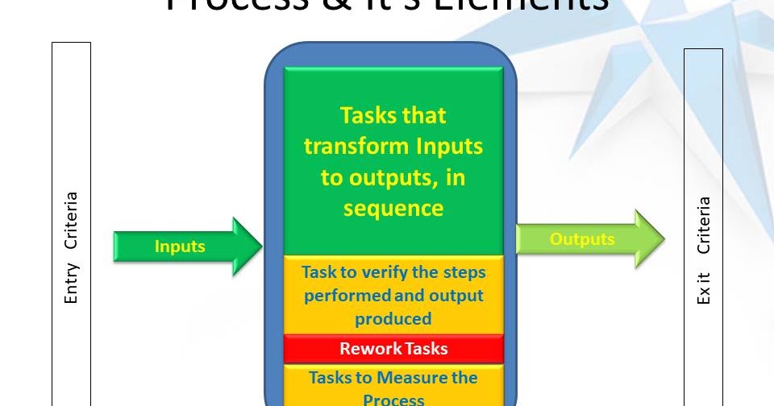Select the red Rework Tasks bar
(x=393, y=349)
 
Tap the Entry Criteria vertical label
(x=72, y=248)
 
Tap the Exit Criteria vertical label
(x=704, y=250)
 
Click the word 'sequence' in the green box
(x=393, y=208)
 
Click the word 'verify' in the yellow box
(x=375, y=271)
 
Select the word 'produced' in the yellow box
(x=393, y=318)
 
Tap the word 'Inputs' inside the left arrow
(x=180, y=246)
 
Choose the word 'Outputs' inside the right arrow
(x=582, y=239)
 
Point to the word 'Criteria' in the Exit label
(x=704, y=225)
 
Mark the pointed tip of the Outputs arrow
(x=662, y=239)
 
